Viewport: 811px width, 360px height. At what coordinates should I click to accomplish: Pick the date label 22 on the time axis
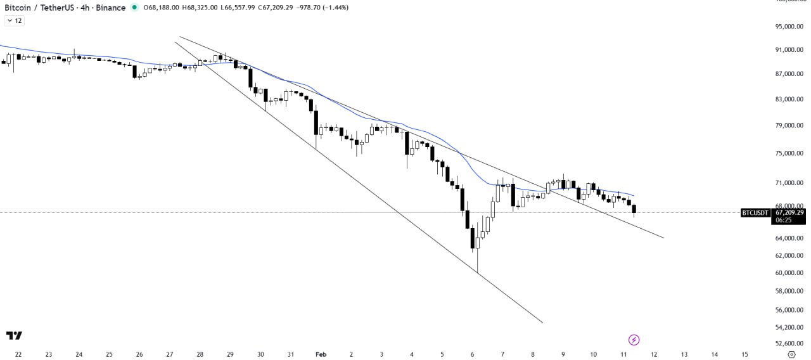point(18,354)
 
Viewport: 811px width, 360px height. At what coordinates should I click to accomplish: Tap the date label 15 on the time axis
point(744,354)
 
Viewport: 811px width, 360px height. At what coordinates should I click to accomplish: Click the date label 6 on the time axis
point(472,354)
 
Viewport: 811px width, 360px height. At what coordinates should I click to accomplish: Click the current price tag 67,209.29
point(788,212)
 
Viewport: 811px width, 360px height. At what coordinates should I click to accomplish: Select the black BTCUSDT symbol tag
point(755,213)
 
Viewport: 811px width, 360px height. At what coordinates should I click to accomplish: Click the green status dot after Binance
point(134,8)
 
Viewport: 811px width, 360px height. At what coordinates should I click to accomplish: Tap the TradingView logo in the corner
point(14,335)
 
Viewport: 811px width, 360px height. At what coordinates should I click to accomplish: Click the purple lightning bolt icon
point(633,340)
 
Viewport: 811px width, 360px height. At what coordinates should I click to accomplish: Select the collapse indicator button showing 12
point(14,21)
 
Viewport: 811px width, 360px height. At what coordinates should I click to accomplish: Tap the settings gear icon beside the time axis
point(791,354)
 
